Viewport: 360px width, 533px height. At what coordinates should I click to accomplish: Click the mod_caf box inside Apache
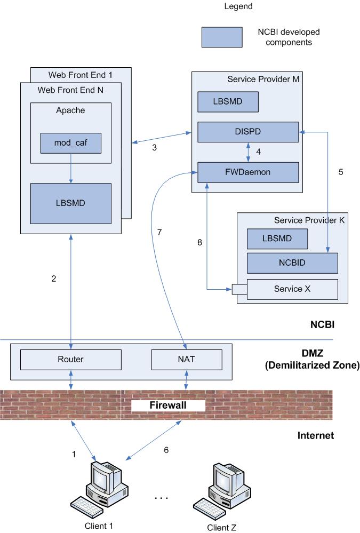tap(71, 142)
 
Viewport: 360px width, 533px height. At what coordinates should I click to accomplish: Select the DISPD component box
tap(247, 132)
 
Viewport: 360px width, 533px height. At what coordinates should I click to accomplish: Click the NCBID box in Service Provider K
tap(292, 263)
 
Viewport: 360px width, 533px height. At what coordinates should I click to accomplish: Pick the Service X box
tap(292, 289)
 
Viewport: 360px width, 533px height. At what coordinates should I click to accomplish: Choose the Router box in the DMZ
tap(71, 359)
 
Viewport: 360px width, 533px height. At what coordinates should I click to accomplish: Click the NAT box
tap(187, 359)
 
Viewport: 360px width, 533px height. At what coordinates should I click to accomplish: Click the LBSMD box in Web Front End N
tap(71, 203)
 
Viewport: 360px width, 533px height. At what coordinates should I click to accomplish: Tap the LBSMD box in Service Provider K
tap(277, 238)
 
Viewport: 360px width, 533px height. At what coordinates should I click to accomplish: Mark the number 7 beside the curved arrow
tap(159, 232)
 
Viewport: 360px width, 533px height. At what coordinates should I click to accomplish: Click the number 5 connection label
tap(341, 172)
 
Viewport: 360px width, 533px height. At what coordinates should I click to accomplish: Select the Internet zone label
tap(315, 436)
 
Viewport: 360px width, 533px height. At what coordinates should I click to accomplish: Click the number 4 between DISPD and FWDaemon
tap(258, 152)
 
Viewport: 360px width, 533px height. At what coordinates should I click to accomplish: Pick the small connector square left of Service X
tap(235, 289)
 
